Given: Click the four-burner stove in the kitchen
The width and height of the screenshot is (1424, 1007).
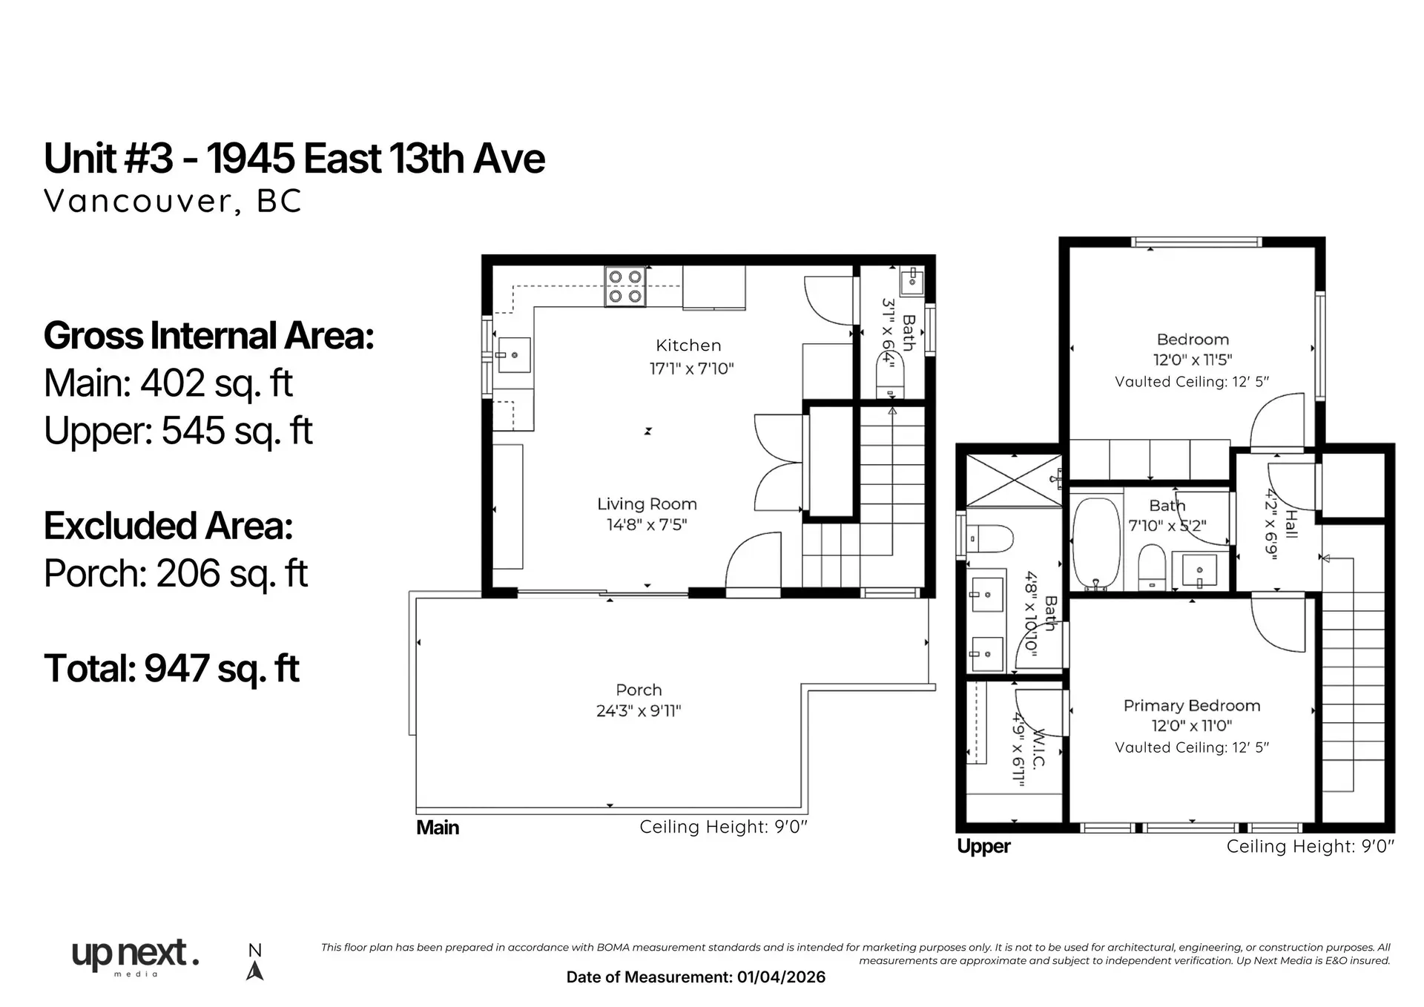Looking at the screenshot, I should click(624, 286).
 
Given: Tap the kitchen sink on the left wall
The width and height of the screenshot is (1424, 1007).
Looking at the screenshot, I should click(513, 355).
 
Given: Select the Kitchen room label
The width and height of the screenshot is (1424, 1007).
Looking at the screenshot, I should click(688, 346).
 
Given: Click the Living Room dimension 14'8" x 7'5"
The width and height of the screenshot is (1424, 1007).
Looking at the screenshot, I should click(647, 525).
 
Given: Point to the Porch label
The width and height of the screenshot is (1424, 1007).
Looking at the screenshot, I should click(639, 690).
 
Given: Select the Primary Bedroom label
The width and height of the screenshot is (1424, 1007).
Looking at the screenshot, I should click(1191, 706).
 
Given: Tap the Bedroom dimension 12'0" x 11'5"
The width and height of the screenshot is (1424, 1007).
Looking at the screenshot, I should click(1192, 360).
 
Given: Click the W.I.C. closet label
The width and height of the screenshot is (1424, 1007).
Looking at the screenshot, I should click(1038, 749).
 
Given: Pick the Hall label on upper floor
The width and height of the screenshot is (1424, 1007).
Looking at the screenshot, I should click(1290, 524).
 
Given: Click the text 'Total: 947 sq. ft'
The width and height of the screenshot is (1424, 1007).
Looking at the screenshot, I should click(171, 668).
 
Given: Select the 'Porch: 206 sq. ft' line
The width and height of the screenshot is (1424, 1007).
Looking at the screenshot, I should click(176, 573).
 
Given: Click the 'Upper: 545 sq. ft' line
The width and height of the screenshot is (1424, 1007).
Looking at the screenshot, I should click(178, 431).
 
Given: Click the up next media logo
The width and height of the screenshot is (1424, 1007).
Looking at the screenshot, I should click(135, 957).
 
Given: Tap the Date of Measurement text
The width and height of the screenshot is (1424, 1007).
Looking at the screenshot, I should click(695, 977).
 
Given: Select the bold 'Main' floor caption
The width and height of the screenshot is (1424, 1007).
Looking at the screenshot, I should click(438, 828).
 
